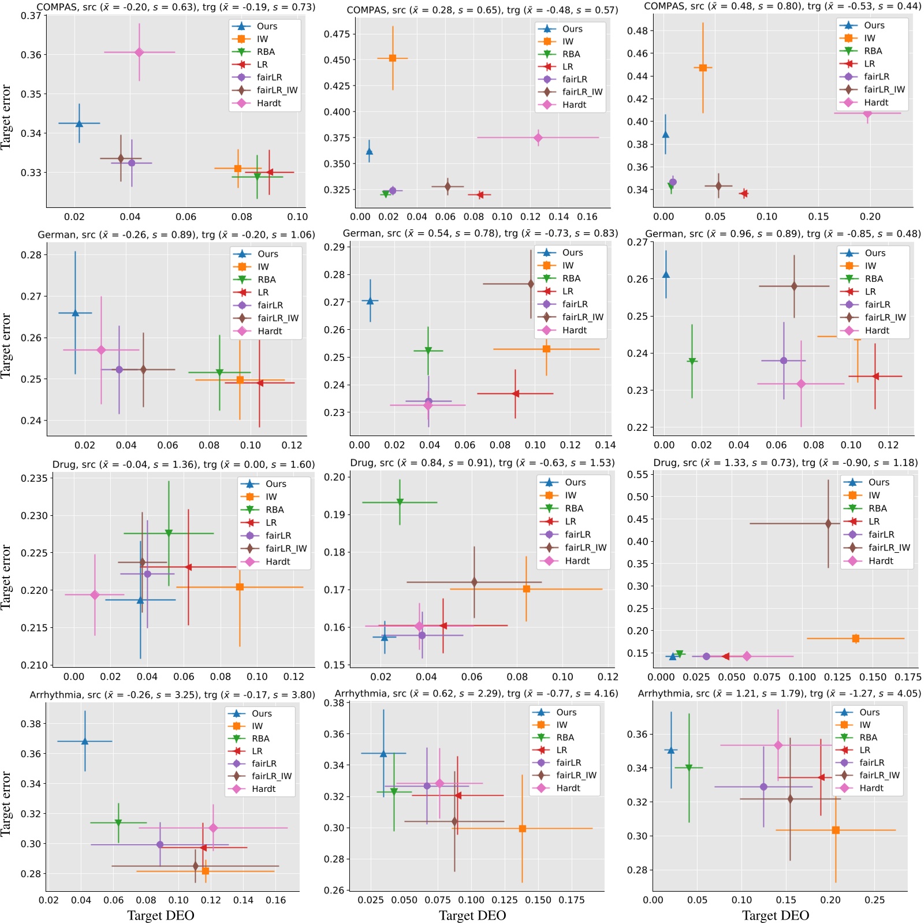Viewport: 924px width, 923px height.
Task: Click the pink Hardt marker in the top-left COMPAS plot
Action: point(139,53)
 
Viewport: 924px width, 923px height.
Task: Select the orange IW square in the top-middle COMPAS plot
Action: point(393,58)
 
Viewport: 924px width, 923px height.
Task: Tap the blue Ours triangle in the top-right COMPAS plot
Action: point(665,135)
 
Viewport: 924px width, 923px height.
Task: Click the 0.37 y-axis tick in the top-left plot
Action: point(30,16)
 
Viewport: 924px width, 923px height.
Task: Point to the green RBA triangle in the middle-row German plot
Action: point(428,351)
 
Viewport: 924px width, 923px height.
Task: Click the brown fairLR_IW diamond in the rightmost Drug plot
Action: point(828,523)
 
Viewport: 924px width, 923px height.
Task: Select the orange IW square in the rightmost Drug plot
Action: point(855,638)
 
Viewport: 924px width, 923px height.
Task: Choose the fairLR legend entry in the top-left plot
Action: point(269,77)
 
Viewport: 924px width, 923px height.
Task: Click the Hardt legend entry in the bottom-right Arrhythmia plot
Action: point(871,788)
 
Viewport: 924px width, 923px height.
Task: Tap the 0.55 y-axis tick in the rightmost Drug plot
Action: point(638,474)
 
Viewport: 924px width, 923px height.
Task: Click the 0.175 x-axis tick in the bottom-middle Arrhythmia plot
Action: point(572,900)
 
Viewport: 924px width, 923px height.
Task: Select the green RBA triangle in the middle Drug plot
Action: point(400,502)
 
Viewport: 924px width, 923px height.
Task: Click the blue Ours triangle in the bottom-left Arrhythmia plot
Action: point(85,741)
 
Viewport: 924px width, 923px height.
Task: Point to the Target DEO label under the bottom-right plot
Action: point(775,915)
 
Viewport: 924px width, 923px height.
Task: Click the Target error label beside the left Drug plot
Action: point(6,576)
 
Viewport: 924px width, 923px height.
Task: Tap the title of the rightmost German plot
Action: point(783,234)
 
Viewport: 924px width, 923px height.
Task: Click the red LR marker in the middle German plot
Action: point(515,393)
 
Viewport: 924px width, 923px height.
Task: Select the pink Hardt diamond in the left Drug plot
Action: point(95,595)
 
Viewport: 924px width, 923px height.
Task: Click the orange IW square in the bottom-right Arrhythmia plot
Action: point(836,830)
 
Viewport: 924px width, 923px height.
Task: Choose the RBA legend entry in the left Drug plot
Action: point(274,509)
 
